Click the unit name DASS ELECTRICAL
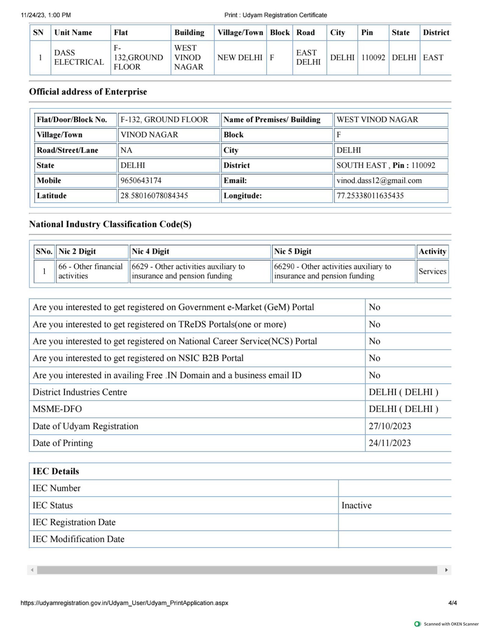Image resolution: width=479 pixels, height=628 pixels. click(79, 57)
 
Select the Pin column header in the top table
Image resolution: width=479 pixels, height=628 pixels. click(367, 32)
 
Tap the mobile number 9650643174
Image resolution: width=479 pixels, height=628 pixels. click(141, 180)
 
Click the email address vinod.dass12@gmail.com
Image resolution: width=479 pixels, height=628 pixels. click(379, 180)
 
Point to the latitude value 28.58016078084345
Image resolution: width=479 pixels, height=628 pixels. click(154, 196)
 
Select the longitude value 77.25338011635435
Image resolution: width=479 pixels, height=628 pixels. click(370, 196)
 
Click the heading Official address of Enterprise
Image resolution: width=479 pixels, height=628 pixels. click(88, 92)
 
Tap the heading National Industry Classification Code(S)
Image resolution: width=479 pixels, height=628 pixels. click(110, 224)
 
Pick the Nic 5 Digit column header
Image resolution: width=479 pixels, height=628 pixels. click(292, 251)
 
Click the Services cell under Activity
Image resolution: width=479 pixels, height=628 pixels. click(432, 271)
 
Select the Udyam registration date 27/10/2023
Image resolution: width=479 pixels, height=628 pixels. click(389, 426)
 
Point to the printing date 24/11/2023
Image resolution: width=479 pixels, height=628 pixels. click(389, 443)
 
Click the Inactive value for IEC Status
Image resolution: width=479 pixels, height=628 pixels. click(356, 505)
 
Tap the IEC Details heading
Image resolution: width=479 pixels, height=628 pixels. click(56, 471)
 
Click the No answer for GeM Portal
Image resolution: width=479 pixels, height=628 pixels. click(374, 307)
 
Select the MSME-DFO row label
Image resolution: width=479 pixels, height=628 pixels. click(57, 409)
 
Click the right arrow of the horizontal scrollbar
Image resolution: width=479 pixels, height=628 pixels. click(446, 570)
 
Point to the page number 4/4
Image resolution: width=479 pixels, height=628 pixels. click(452, 603)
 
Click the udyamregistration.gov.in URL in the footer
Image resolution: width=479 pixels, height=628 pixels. click(124, 603)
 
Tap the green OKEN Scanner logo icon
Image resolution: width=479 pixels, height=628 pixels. click(417, 624)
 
